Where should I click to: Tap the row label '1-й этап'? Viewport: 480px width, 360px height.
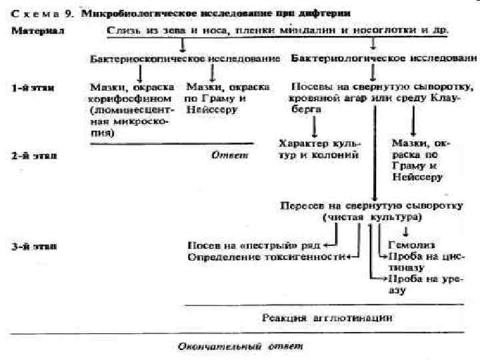click(33, 87)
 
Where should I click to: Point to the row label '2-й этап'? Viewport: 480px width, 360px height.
click(33, 155)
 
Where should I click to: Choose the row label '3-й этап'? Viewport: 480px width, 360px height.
click(33, 246)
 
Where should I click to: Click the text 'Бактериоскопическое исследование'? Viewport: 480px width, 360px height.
click(185, 59)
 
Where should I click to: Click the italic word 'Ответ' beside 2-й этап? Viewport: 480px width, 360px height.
click(229, 155)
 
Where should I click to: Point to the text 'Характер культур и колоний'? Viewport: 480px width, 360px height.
click(319, 149)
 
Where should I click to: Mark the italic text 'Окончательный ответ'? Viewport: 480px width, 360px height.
click(239, 347)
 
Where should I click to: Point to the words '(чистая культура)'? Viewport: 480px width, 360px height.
click(372, 217)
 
